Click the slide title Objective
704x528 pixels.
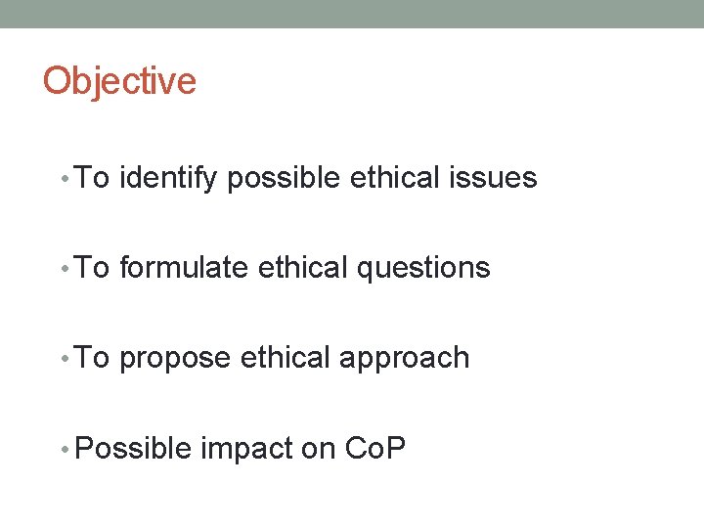[x=119, y=81]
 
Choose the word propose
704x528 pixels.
[x=176, y=358]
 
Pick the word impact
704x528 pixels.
[x=247, y=448]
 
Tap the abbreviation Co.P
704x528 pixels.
[x=375, y=448]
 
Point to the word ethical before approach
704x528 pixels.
[x=286, y=358]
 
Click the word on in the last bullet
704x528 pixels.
[x=320, y=448]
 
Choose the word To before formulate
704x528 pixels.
[x=92, y=268]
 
